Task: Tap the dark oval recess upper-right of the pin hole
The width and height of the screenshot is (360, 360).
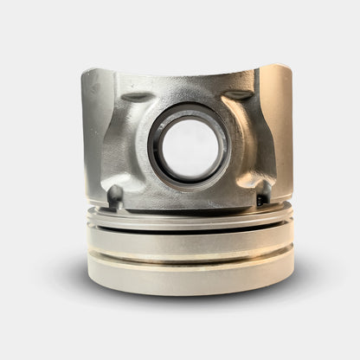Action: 240,94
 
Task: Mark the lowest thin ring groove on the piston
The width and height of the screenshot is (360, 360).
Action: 189,261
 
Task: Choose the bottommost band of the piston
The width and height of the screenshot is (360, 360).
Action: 189,279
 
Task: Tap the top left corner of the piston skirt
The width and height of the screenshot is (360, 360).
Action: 85,73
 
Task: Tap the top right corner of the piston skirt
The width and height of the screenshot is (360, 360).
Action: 289,67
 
